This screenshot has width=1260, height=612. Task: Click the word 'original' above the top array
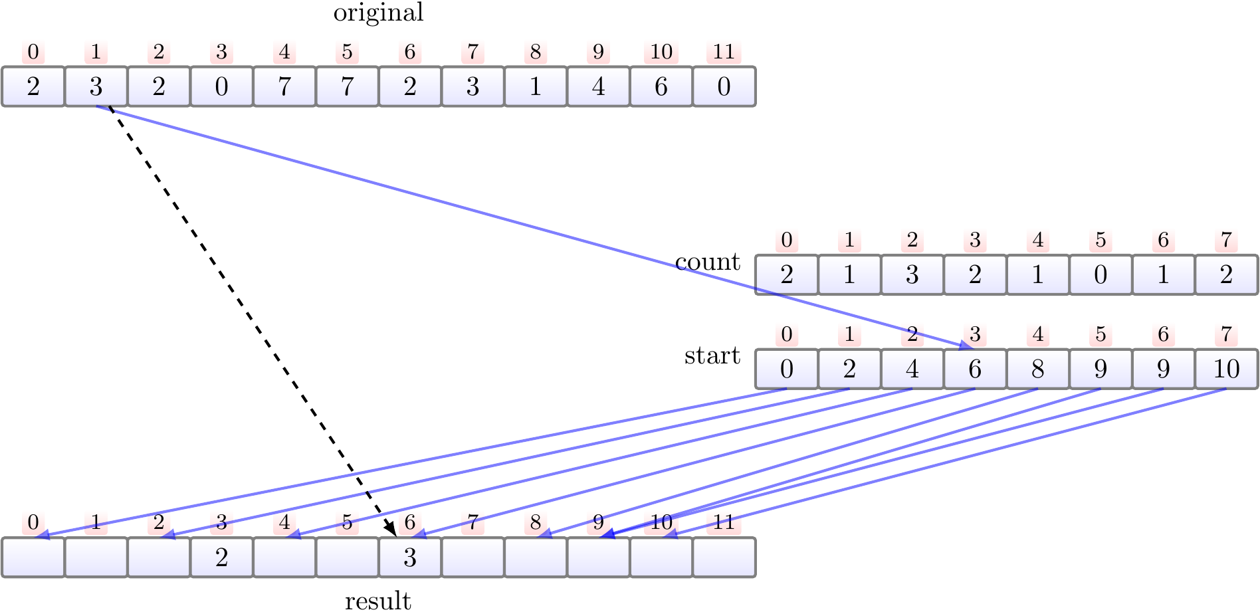[378, 13]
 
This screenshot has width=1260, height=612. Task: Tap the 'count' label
[707, 262]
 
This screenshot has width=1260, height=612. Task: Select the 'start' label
[712, 356]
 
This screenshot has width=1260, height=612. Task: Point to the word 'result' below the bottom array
[378, 601]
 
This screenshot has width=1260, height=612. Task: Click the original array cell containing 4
[598, 87]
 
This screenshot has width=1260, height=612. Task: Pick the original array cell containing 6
[661, 87]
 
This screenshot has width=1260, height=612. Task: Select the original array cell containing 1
[536, 87]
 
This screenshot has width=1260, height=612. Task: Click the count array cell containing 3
[912, 275]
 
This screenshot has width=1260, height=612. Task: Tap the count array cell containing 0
[1101, 275]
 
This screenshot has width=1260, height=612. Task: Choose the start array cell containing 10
[1226, 369]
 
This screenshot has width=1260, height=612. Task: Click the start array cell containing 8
[1038, 369]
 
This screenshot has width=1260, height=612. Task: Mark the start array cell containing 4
[912, 369]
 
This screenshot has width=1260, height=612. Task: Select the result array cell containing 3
[410, 558]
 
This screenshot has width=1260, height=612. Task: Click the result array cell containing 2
[222, 558]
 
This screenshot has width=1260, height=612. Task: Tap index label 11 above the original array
[724, 52]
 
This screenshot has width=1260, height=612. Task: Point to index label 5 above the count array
[1101, 240]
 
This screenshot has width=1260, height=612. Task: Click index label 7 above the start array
[1226, 334]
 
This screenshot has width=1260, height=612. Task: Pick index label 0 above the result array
[33, 523]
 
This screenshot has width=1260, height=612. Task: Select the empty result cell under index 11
[724, 558]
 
